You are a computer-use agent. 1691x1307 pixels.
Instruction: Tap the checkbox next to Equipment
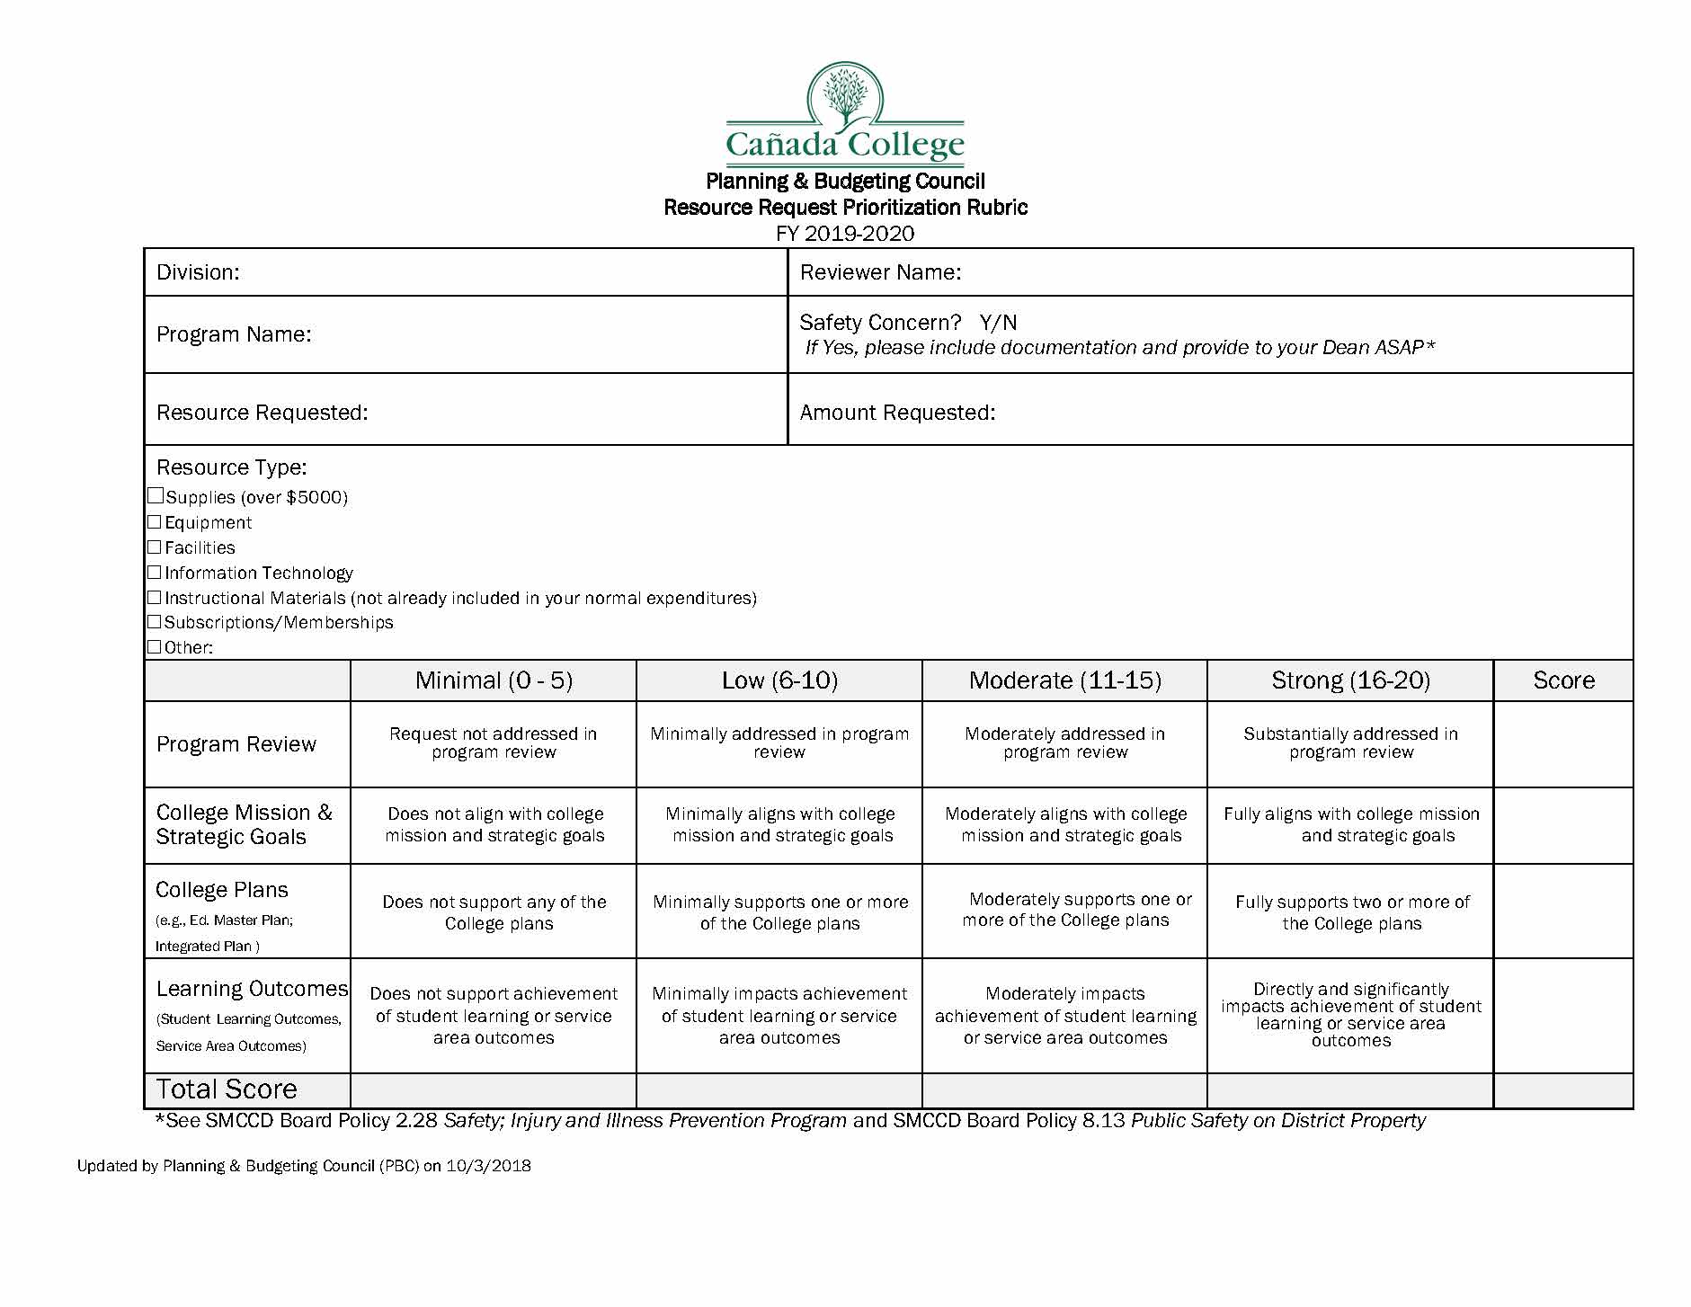(x=155, y=522)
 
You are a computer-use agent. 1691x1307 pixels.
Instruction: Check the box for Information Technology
(x=155, y=573)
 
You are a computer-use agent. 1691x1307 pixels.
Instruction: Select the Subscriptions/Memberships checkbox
(x=155, y=622)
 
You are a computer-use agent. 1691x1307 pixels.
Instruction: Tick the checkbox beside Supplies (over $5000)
(x=156, y=496)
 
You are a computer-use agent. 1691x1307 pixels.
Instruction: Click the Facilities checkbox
(x=155, y=547)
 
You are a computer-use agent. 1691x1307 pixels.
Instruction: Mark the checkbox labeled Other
(x=155, y=647)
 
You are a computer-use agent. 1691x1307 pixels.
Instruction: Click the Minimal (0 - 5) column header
(x=494, y=680)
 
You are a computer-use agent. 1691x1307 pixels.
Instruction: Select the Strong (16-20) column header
(x=1350, y=680)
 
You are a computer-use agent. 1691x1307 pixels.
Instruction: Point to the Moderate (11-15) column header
(x=1064, y=680)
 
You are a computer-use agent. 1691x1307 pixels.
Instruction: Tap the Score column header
(x=1563, y=680)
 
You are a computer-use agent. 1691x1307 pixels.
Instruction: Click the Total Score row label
(x=227, y=1089)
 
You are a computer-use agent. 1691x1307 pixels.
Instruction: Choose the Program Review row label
(x=236, y=744)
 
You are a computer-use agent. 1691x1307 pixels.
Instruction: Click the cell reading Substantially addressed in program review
(x=1350, y=743)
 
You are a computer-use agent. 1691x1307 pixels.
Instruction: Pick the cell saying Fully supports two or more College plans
(x=1351, y=912)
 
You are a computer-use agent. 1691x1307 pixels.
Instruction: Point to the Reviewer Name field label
(x=880, y=272)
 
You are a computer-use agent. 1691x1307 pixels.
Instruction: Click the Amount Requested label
(x=897, y=413)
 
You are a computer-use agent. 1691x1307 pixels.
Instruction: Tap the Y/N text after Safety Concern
(x=998, y=323)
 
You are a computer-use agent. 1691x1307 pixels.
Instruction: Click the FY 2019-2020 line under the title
(x=845, y=234)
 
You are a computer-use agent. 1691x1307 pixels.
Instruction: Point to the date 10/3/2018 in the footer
(x=488, y=1166)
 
